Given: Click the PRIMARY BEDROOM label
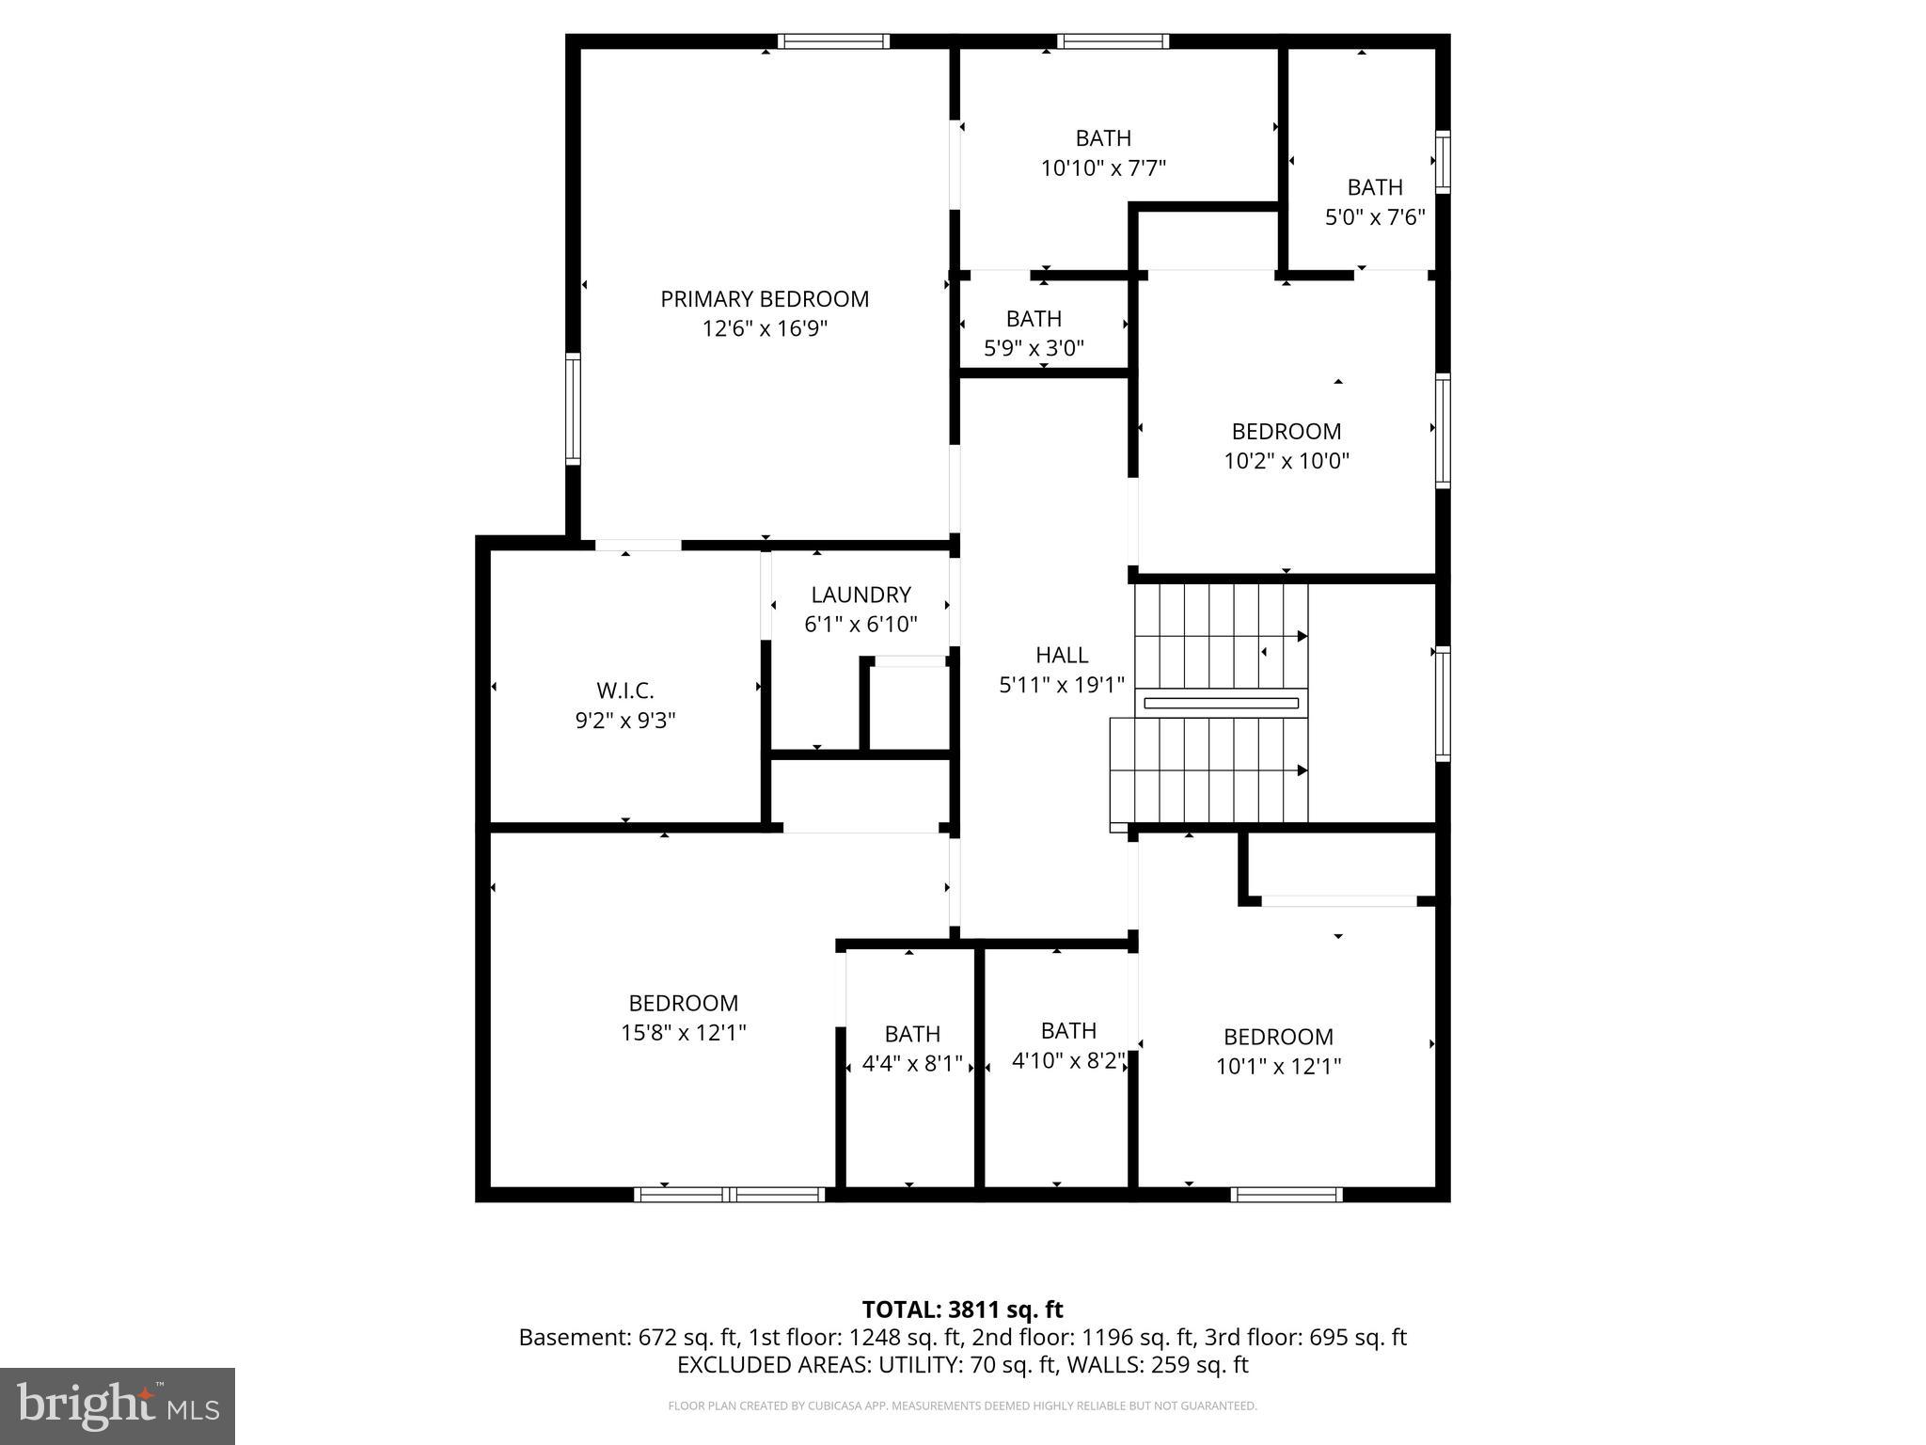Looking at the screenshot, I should point(764,299).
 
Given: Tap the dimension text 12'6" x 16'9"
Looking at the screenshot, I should point(764,329).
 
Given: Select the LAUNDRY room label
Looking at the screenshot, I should point(860,595).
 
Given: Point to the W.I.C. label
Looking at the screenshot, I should point(624,691).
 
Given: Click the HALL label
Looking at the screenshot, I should point(1062,655).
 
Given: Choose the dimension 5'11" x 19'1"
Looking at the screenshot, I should point(1062,685).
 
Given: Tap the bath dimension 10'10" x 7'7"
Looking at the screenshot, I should point(1103,168).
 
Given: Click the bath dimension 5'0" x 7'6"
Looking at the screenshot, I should point(1375,217).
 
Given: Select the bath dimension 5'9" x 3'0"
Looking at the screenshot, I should point(1034,348).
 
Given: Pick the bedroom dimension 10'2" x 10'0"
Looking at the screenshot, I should point(1286,461).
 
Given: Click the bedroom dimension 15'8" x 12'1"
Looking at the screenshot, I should point(683,1033).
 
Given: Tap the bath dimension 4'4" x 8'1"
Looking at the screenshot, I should point(912,1064).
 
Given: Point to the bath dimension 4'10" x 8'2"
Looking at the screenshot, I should point(1068,1061).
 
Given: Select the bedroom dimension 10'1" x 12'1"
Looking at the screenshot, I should point(1278,1066).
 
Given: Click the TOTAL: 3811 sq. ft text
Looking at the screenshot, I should point(962,1310).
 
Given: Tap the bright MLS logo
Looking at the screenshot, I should point(118,1405).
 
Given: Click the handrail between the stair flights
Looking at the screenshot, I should point(1221,703).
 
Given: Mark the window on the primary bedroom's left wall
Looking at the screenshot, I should point(572,408).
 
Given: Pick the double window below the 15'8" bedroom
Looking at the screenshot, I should point(730,1195).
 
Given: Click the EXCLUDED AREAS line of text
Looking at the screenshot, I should point(962,1364).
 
